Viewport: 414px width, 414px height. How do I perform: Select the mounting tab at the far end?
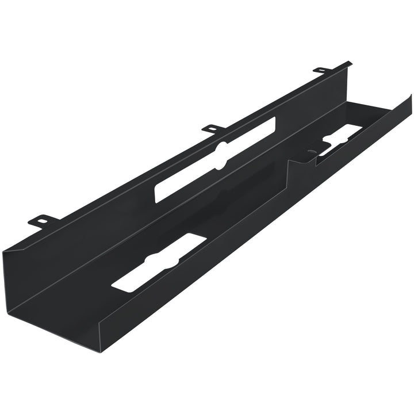point(322,70)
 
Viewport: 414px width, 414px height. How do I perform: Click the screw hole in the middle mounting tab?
point(212,127)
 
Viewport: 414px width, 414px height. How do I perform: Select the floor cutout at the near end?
point(159,261)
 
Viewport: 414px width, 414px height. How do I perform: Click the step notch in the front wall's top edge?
point(291,164)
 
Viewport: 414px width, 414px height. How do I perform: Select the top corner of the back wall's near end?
point(5,248)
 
